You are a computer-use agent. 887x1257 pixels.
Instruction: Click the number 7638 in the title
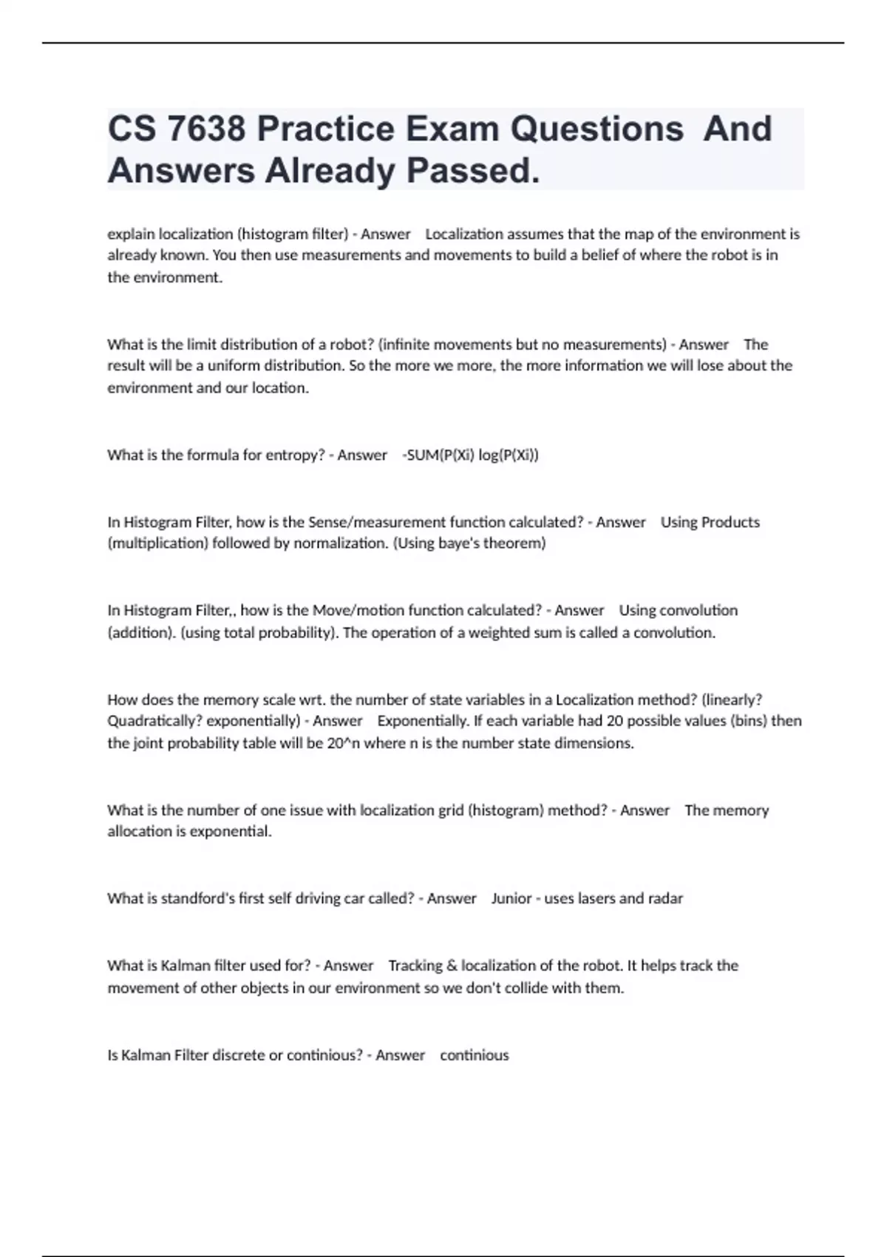pos(206,129)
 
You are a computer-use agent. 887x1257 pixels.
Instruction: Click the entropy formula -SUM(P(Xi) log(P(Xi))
pos(470,455)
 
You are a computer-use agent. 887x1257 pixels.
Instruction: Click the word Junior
pos(511,898)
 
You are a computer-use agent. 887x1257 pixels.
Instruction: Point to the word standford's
pos(198,898)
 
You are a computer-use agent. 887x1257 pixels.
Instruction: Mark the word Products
pos(730,522)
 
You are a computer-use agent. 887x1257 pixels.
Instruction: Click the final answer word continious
pos(474,1055)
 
